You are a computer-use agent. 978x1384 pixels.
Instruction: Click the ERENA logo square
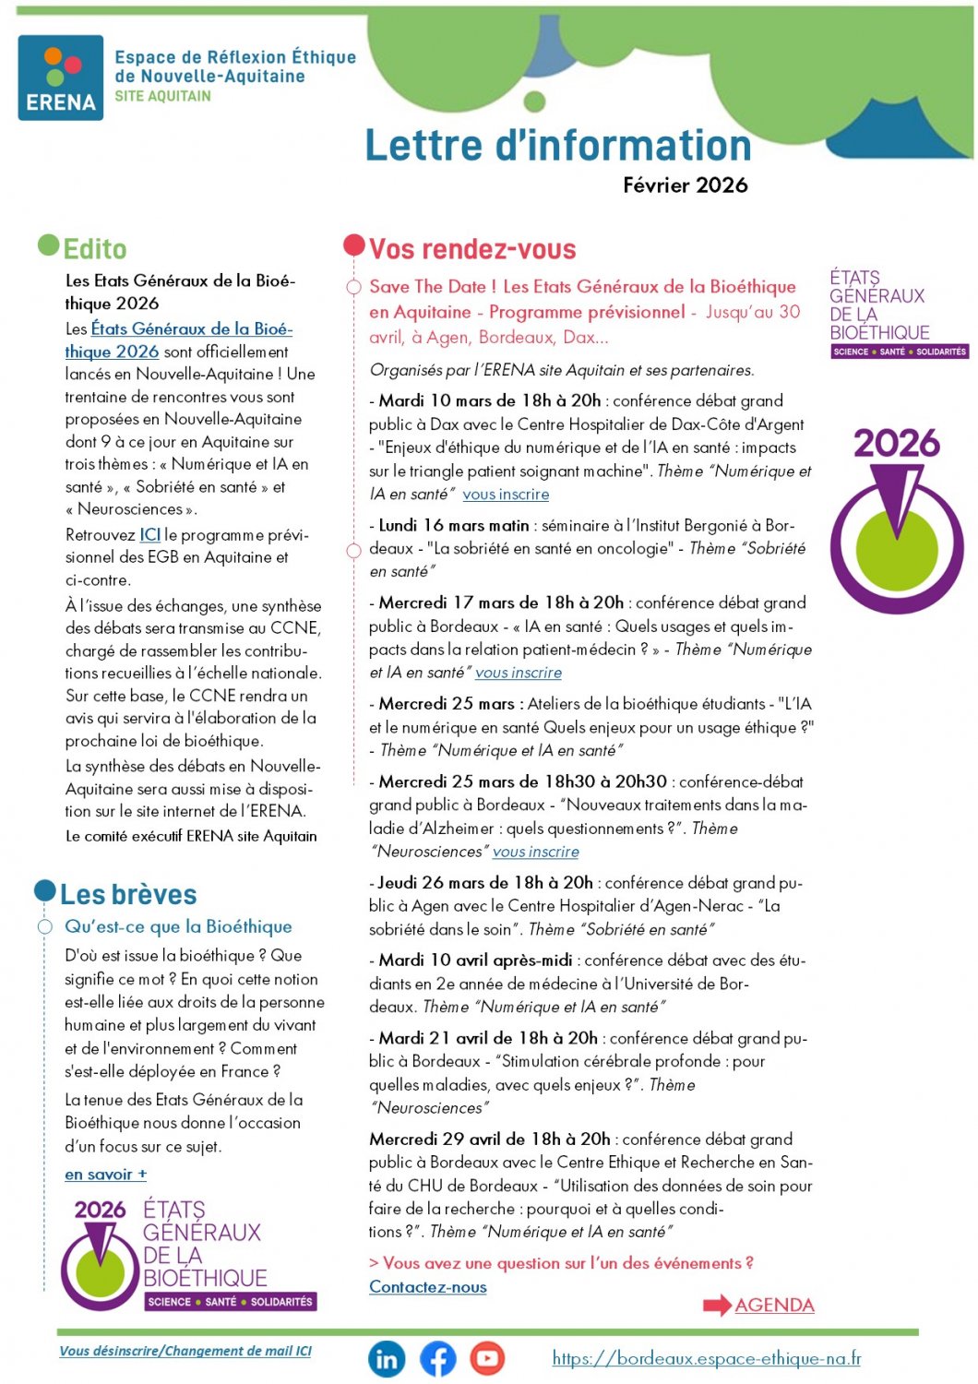(61, 78)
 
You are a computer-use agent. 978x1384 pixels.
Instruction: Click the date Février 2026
(685, 185)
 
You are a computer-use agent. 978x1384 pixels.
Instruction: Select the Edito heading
(95, 249)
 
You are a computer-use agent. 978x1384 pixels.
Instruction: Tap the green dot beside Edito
(48, 245)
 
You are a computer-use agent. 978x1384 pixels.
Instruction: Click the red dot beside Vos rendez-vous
(354, 245)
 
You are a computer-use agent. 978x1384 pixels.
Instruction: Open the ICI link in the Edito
(150, 535)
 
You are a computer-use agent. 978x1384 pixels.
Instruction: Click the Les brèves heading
(128, 895)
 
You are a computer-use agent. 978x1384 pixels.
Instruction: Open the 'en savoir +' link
(105, 1175)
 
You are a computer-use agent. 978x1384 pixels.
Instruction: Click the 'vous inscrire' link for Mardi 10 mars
(506, 495)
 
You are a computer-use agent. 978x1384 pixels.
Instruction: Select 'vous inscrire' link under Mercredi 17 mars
(519, 674)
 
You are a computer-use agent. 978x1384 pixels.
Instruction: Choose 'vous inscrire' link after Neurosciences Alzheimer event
(536, 852)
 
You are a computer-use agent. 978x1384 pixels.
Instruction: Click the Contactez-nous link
(428, 1287)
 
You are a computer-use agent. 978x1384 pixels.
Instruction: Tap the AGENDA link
(774, 1306)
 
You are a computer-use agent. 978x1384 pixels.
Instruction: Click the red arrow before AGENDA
(717, 1306)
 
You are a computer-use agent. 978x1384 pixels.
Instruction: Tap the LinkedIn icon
(388, 1359)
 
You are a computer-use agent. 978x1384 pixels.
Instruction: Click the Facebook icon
(438, 1359)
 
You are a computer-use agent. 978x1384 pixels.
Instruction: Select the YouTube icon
(487, 1358)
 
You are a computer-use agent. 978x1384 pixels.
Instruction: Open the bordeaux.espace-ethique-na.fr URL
(707, 1358)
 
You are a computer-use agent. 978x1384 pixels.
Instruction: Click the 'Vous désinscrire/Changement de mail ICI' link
(185, 1351)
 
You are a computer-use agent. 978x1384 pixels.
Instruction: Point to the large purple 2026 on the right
(896, 444)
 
